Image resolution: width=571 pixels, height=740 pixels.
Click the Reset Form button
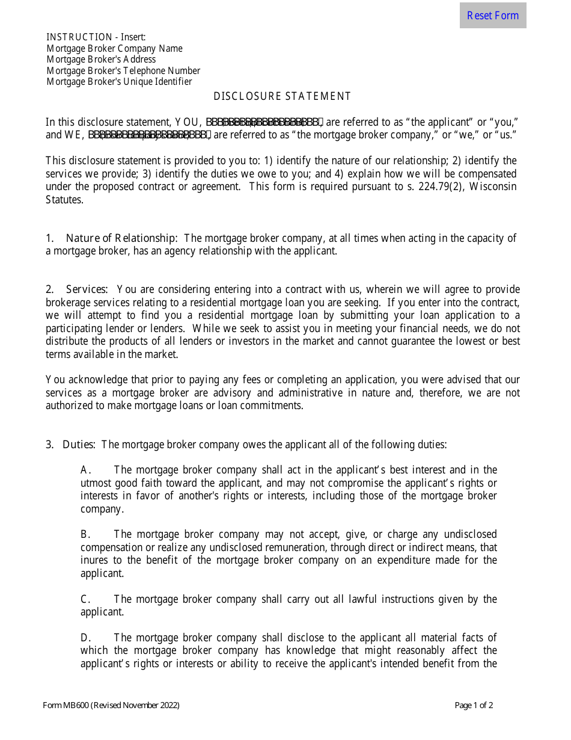tap(492, 16)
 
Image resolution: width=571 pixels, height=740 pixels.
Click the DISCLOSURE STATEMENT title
tap(282, 96)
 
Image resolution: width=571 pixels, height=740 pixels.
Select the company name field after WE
tap(150, 135)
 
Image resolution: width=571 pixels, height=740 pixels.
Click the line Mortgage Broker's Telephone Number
tap(123, 71)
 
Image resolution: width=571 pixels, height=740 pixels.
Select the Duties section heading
tap(78, 445)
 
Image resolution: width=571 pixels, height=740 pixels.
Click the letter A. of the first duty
tap(86, 470)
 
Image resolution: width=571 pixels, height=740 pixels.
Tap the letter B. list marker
tap(86, 534)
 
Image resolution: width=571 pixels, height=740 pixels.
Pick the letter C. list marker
tap(86, 599)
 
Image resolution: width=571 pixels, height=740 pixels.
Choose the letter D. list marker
tap(86, 638)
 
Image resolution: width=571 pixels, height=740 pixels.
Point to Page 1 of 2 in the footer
tap(474, 706)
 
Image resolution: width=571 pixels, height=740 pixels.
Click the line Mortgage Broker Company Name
tap(114, 49)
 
